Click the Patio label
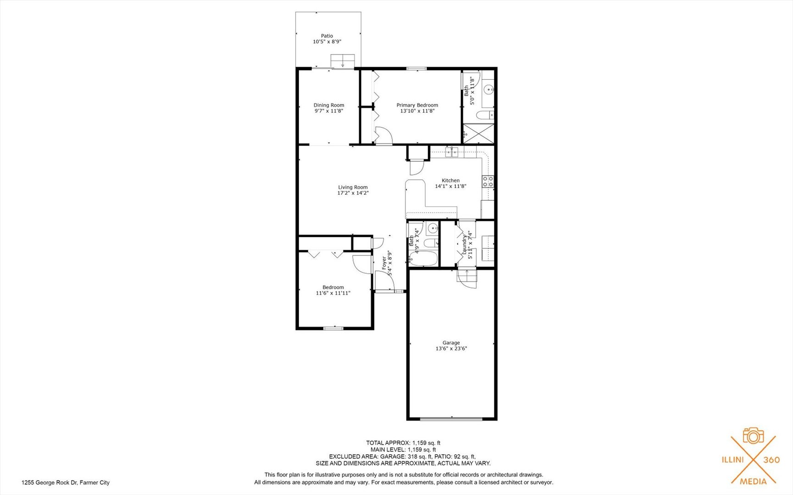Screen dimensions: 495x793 (327, 36)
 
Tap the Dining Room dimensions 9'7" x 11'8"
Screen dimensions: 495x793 (328, 111)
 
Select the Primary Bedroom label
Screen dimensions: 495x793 (417, 105)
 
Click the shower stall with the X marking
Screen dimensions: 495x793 (478, 133)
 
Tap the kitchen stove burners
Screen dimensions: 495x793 (488, 181)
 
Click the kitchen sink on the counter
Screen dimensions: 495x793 (451, 152)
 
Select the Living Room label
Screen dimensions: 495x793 (353, 187)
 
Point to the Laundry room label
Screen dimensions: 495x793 (464, 245)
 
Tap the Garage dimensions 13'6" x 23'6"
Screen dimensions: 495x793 (451, 348)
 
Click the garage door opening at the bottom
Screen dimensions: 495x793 (451, 418)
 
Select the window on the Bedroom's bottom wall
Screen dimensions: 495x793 (333, 328)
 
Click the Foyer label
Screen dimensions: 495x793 (384, 263)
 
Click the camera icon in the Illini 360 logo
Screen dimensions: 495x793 (753, 436)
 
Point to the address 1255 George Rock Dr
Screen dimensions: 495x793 (66, 482)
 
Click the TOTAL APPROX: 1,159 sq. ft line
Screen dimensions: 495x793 (403, 443)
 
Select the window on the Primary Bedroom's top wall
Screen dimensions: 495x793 (416, 69)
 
